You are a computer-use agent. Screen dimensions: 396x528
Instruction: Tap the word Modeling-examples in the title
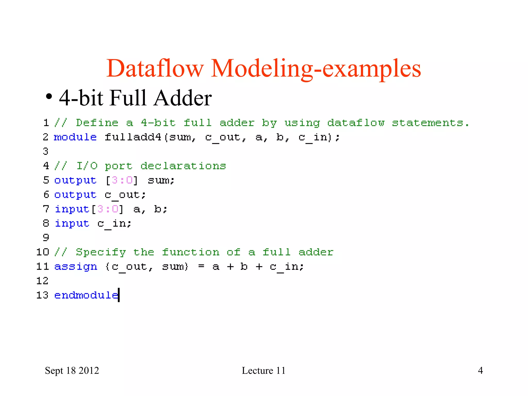pyautogui.click(x=316, y=69)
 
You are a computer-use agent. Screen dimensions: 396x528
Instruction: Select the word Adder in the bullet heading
pyautogui.click(x=182, y=98)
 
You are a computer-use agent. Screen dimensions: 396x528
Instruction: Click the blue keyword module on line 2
pyautogui.click(x=75, y=137)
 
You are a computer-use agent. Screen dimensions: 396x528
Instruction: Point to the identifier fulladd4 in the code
pyautogui.click(x=133, y=137)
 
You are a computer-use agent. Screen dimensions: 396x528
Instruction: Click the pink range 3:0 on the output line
pyautogui.click(x=122, y=180)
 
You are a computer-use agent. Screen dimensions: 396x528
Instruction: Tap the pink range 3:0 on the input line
pyautogui.click(x=108, y=209)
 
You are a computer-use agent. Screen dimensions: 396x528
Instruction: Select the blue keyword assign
pyautogui.click(x=76, y=267)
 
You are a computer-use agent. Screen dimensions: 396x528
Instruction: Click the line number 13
pyautogui.click(x=42, y=295)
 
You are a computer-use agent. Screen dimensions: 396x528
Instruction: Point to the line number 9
pyautogui.click(x=46, y=237)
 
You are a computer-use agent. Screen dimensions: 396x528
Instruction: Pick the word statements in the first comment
pyautogui.click(x=430, y=123)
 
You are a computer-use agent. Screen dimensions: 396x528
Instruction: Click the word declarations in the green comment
pyautogui.click(x=183, y=166)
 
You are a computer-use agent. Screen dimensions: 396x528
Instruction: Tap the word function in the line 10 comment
pyautogui.click(x=191, y=252)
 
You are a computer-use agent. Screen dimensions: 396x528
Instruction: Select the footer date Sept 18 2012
pyautogui.click(x=72, y=370)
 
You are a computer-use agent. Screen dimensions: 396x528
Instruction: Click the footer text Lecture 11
pyautogui.click(x=263, y=370)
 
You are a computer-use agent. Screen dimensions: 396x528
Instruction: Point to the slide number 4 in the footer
pyautogui.click(x=480, y=370)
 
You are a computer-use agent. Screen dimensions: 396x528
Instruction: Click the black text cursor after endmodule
pyautogui.click(x=119, y=295)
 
